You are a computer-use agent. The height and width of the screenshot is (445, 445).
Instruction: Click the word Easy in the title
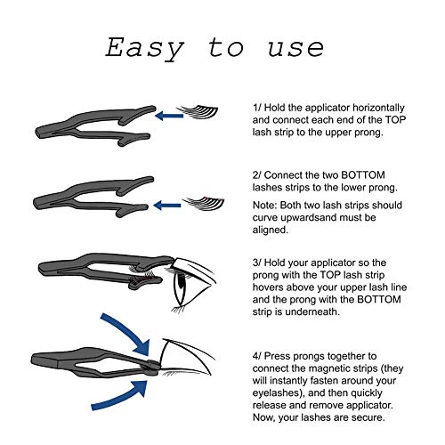[x=145, y=49]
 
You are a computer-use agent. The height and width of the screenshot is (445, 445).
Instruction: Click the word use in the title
[x=295, y=49]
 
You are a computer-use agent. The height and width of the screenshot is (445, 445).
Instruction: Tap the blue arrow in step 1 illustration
[x=169, y=116]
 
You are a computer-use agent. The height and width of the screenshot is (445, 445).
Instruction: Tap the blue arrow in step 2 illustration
[x=167, y=205]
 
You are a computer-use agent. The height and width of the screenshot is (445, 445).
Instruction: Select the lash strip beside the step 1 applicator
[x=198, y=112]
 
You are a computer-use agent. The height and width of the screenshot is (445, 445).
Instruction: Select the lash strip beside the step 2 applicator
[x=204, y=204]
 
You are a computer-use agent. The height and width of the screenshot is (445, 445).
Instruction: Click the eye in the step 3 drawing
[x=181, y=286]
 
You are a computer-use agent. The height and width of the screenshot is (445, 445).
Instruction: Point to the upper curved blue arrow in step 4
[x=127, y=332]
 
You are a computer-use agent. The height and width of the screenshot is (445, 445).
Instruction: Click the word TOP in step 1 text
[x=395, y=120]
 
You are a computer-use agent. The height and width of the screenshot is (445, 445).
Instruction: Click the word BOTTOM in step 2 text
[x=363, y=175]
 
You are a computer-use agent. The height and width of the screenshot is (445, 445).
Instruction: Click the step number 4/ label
[x=257, y=356]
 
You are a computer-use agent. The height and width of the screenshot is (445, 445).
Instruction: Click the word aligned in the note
[x=271, y=231]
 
